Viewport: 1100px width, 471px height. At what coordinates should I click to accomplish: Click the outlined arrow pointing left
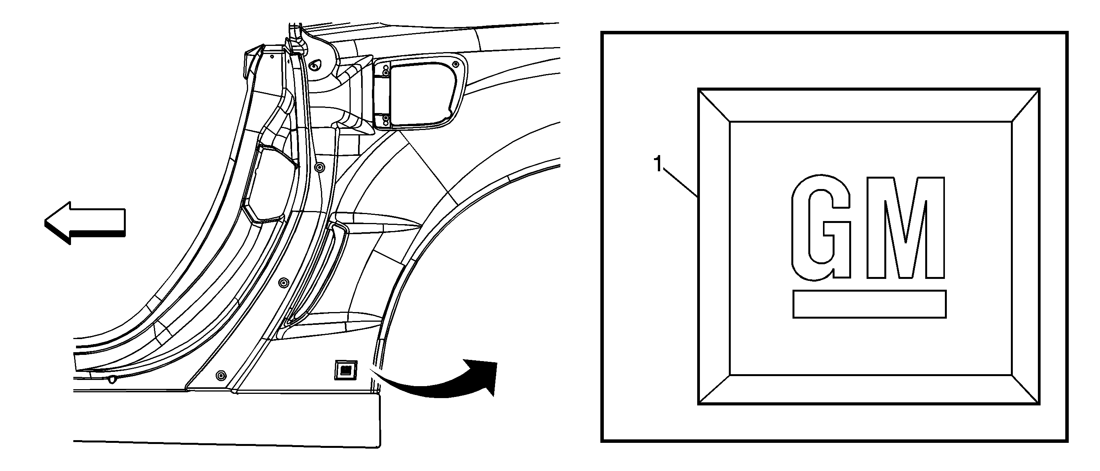(84, 223)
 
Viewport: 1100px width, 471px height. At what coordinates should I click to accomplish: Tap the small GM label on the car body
(345, 370)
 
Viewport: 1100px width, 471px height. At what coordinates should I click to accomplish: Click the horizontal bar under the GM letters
(869, 304)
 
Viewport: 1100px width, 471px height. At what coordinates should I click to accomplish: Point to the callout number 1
(658, 164)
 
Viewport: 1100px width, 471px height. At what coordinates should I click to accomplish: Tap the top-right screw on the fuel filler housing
(456, 64)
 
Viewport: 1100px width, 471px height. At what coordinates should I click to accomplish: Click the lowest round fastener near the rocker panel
(220, 375)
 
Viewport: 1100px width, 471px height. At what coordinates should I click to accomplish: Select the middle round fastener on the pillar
(283, 282)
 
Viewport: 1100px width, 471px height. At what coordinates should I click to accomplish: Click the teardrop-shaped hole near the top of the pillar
(315, 66)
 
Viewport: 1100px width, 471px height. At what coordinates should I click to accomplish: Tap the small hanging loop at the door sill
(112, 379)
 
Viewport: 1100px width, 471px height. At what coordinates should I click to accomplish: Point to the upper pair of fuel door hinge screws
(385, 71)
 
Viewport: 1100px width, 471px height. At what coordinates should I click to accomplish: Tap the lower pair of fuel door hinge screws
(385, 120)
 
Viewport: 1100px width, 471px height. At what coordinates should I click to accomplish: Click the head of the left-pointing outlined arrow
(57, 223)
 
